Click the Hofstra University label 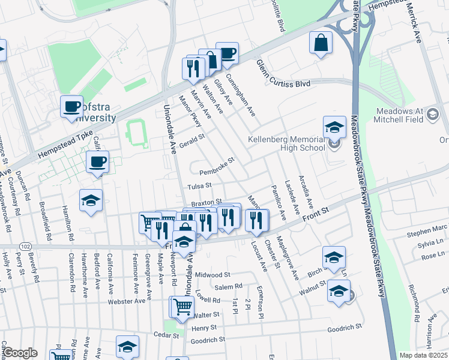coord(96,112)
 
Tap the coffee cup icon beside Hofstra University coord(71,107)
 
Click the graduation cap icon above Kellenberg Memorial coord(334,127)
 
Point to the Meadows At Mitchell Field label coord(408,115)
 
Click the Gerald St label coord(193,140)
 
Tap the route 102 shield coord(25,246)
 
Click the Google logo coord(20,353)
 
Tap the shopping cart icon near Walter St coord(182,307)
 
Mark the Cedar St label coord(167,334)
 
